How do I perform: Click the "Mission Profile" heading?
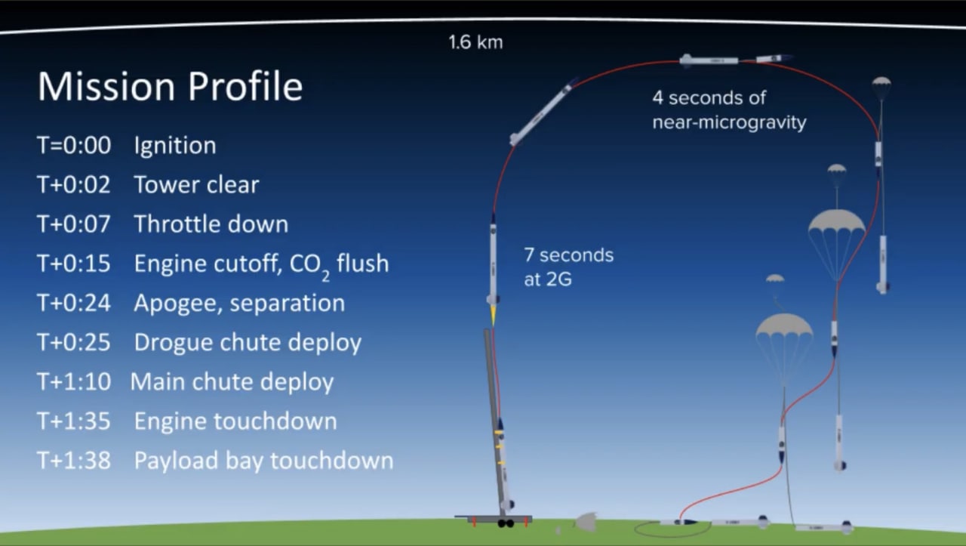171,86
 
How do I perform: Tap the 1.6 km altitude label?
475,42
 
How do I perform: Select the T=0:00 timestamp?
74,145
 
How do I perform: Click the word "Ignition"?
175,146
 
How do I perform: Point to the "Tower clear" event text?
197,185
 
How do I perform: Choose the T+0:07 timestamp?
74,224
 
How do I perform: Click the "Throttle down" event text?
211,224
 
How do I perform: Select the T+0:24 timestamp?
74,303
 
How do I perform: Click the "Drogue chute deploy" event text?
248,343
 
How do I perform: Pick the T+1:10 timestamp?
74,382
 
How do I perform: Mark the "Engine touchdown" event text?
235,421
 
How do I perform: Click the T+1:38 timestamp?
74,461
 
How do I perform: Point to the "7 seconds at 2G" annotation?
569,267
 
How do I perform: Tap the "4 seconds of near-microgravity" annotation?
729,110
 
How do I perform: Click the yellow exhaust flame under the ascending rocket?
493,315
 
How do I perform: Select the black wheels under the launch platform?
506,523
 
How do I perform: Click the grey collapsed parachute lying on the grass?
586,523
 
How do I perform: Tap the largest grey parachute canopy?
837,222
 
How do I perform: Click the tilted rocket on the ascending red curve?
542,113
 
